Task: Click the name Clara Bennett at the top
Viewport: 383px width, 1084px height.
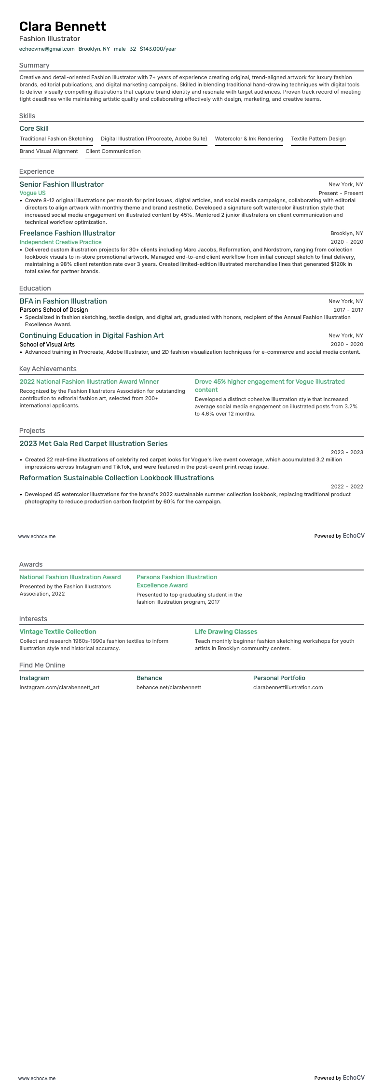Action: [x=63, y=26]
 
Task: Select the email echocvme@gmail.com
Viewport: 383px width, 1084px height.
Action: [x=47, y=49]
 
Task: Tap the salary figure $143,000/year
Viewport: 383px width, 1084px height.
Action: [x=158, y=49]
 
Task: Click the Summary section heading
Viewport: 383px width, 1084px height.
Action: [x=34, y=65]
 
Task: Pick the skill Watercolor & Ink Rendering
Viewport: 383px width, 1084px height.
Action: [x=249, y=139]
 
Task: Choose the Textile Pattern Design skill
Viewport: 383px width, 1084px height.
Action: [x=318, y=139]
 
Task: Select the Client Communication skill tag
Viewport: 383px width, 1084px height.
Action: [x=113, y=151]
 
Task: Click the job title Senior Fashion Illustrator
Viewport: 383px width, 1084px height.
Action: [x=62, y=184]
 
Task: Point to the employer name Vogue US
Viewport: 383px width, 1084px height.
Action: [x=33, y=193]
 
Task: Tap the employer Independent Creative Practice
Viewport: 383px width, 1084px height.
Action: [x=61, y=242]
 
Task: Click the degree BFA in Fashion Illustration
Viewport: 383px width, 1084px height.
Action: [x=63, y=301]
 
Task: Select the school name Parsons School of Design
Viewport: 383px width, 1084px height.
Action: [x=54, y=310]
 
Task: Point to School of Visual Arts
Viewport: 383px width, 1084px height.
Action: [x=47, y=344]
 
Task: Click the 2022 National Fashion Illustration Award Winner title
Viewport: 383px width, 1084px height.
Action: [x=89, y=382]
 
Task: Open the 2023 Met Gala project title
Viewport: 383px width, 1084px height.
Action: [x=94, y=444]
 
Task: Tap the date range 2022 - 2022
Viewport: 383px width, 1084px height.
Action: [x=347, y=486]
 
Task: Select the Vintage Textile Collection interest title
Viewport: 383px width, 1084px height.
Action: [x=58, y=632]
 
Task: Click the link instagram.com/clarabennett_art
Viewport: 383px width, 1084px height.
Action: [x=60, y=687]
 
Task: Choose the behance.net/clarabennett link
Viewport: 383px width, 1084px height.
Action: [x=169, y=687]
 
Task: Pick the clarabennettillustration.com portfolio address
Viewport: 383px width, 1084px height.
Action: [x=288, y=687]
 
